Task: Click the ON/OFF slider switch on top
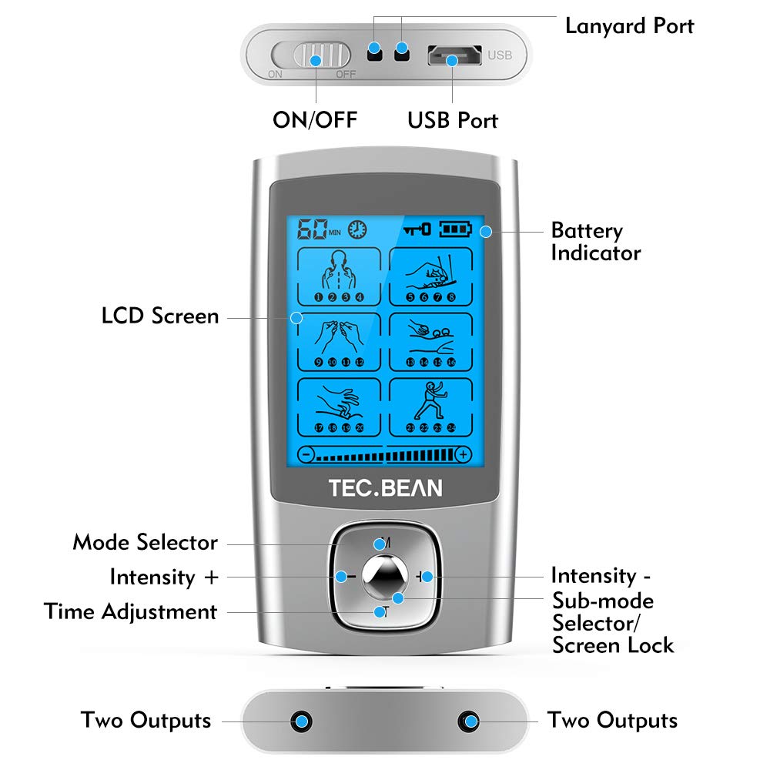316,59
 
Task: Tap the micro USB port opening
453,56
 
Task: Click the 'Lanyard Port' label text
629,25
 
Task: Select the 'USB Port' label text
453,120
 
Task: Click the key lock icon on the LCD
417,229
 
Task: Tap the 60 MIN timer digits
311,229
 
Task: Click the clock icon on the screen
357,229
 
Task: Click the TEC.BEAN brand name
385,488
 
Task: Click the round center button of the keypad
385,577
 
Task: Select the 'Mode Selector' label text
145,542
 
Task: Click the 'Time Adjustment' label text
131,612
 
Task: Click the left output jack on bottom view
302,721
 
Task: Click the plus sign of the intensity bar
463,454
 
